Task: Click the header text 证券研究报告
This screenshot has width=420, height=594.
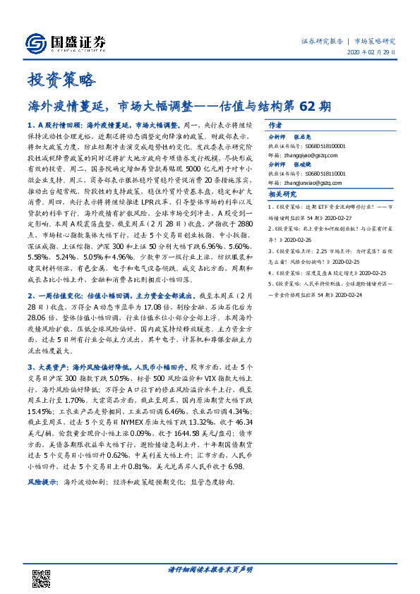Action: pos(322,41)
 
